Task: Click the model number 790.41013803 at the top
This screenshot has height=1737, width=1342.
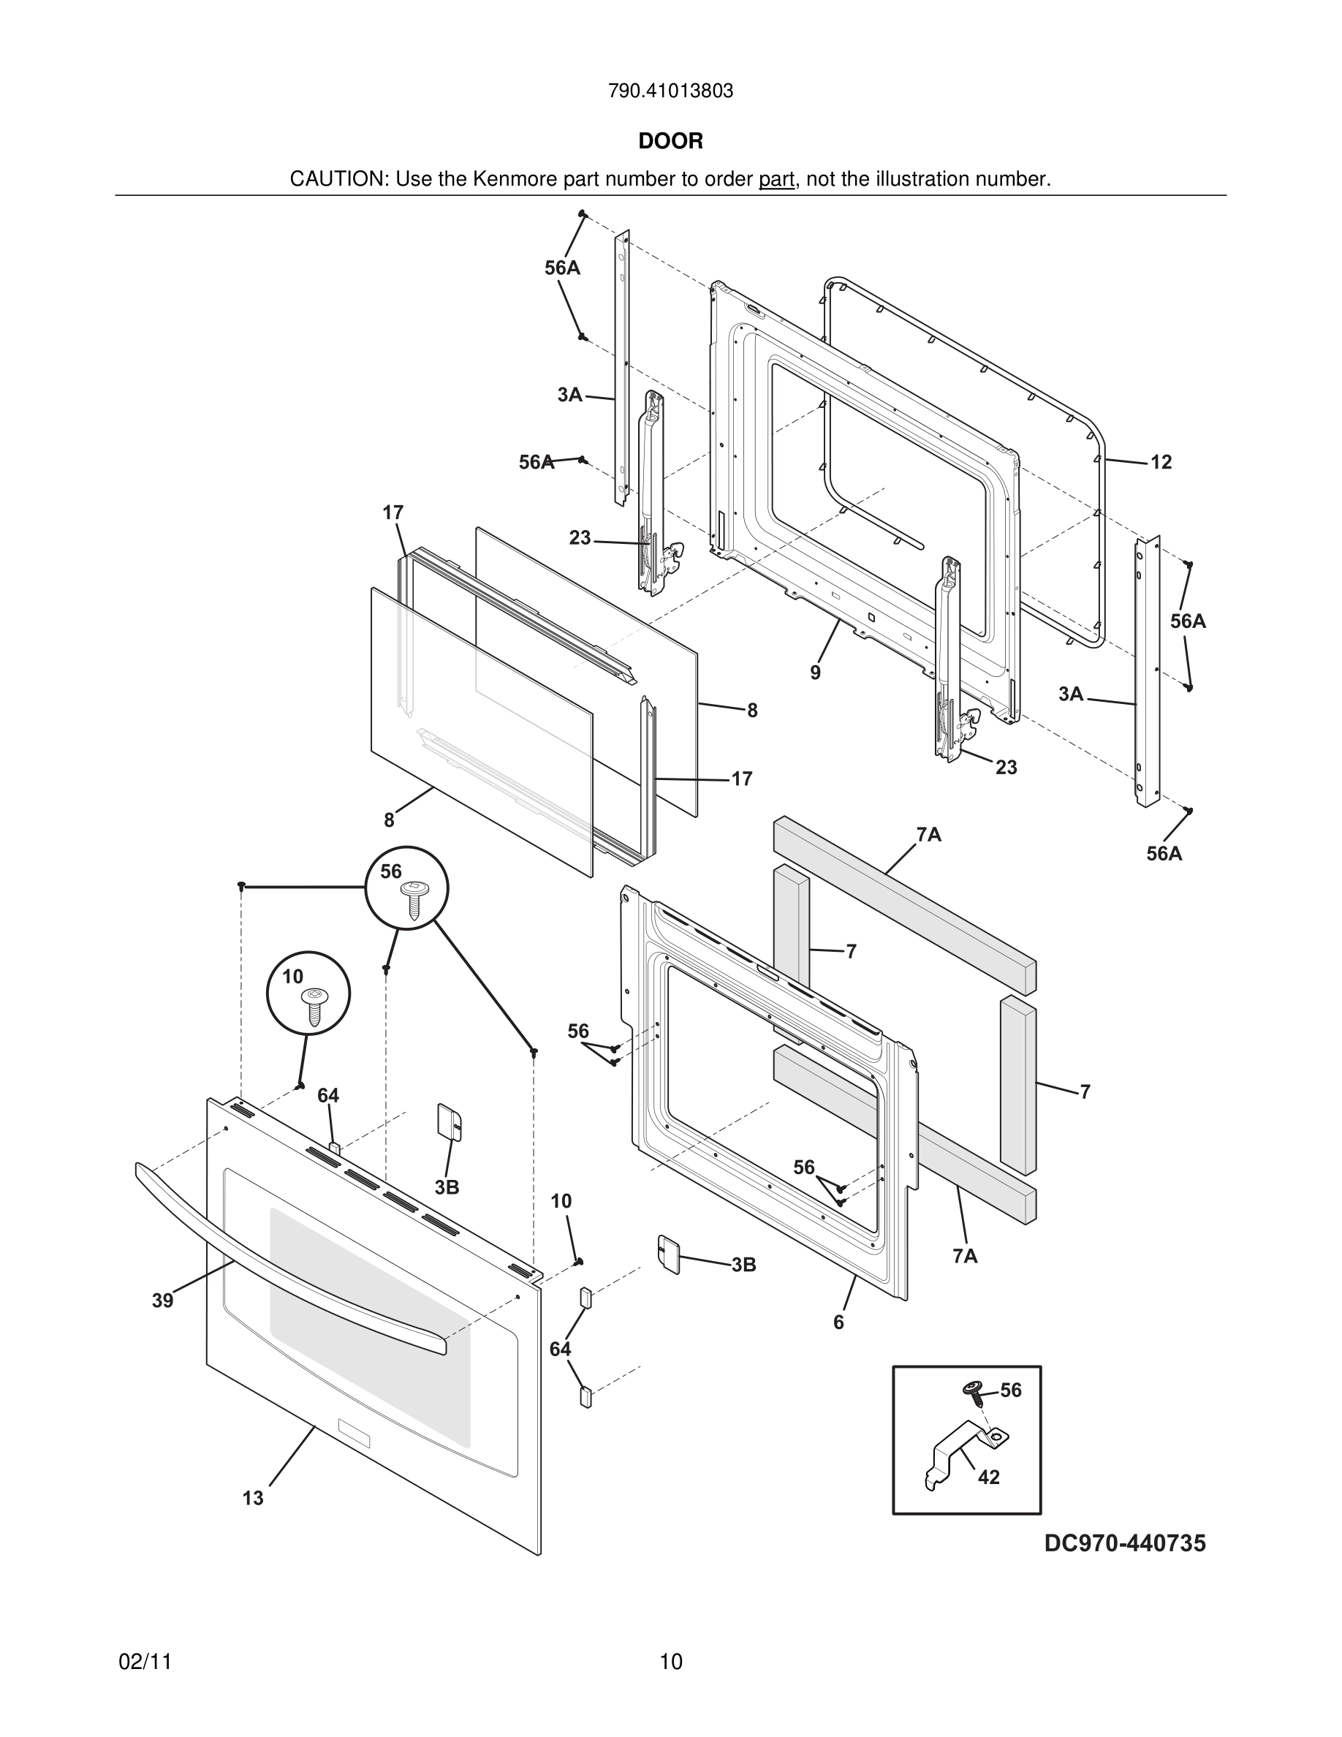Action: (670, 91)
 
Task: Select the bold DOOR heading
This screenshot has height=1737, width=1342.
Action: (670, 142)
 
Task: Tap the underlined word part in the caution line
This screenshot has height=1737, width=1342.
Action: (776, 180)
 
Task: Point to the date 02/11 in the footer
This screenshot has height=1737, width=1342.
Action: (145, 1662)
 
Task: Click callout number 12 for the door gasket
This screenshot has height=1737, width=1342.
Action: (1161, 462)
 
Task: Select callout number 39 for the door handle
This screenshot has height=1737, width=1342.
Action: (163, 1301)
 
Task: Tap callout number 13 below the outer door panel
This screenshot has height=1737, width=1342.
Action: (253, 1499)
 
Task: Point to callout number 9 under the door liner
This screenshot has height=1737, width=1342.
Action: (816, 673)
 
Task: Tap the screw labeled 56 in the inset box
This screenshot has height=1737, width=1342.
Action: (972, 1388)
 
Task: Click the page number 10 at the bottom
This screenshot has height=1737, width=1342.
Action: (670, 1662)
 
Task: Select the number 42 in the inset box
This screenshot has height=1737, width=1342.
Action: (988, 1477)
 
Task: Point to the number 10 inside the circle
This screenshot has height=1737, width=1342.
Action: (292, 977)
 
